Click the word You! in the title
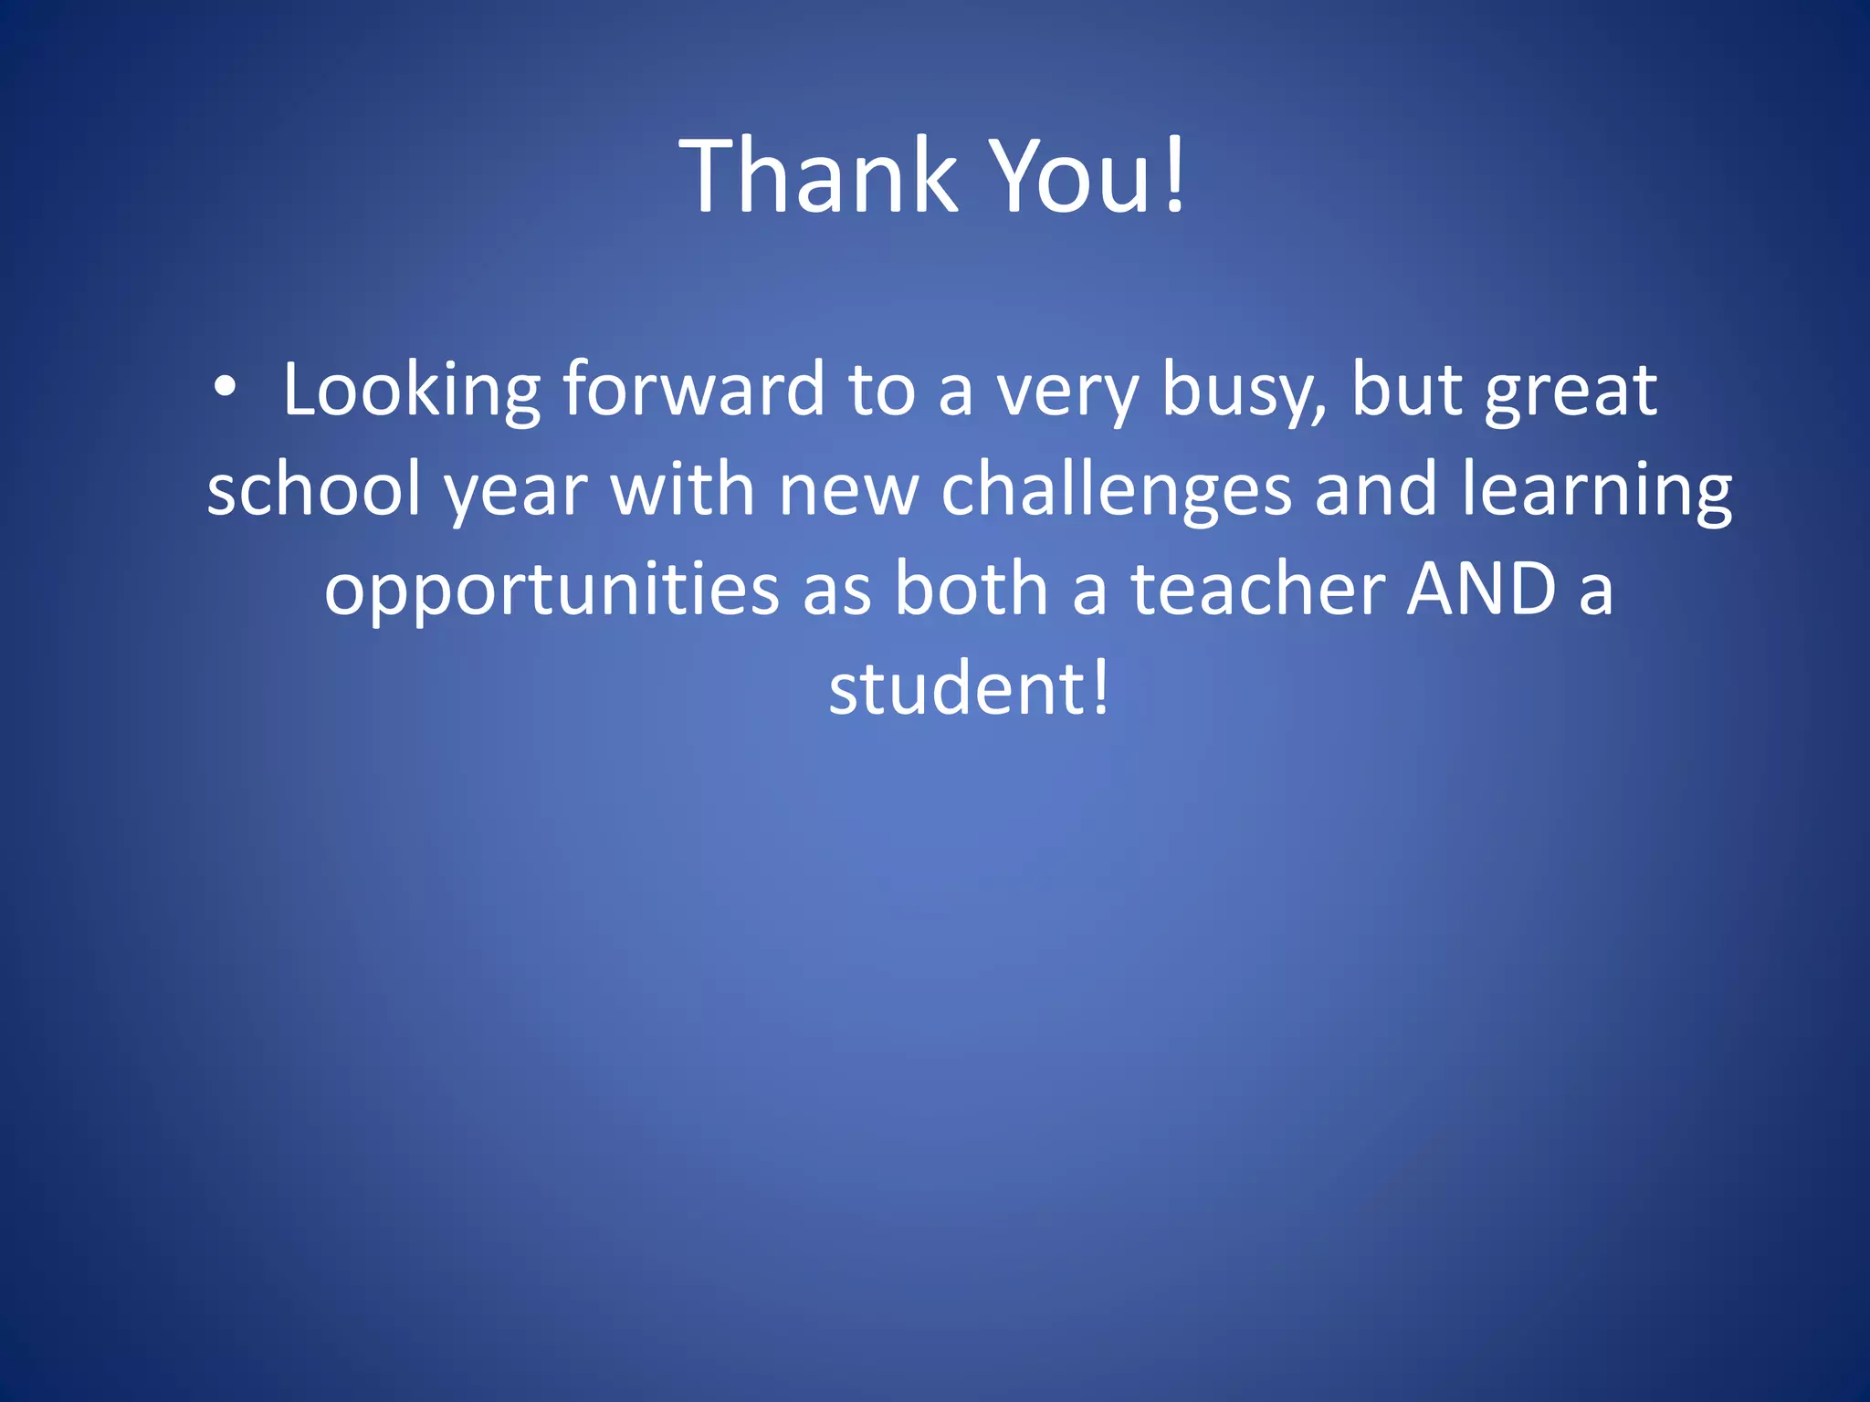[x=1088, y=175]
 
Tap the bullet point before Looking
[x=225, y=389]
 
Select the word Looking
[x=412, y=391]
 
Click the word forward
[x=693, y=391]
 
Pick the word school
[x=313, y=489]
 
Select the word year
[x=516, y=493]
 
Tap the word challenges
[x=1116, y=490]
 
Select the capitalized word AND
[x=1481, y=589]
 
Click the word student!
[x=969, y=688]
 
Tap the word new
[x=848, y=491]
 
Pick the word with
[x=683, y=489]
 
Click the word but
[x=1406, y=390]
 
